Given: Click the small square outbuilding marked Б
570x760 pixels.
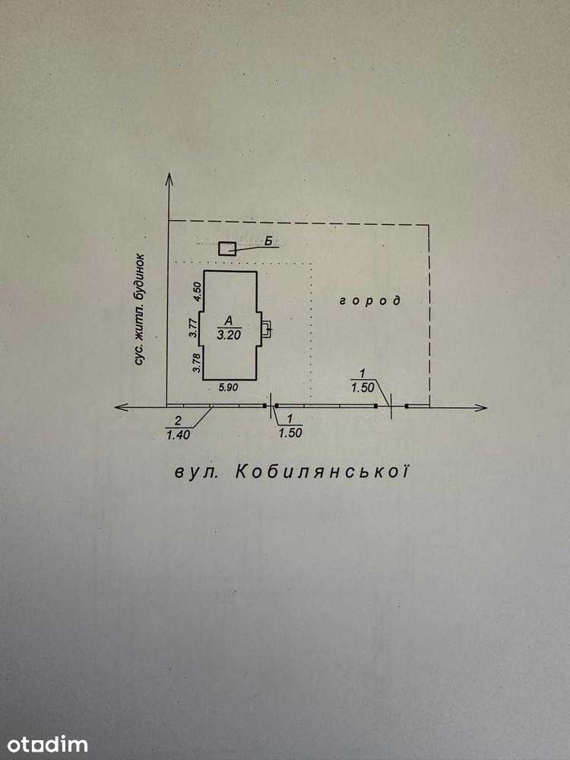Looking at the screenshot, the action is tap(226, 249).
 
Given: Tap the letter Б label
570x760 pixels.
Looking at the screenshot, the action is tap(268, 240).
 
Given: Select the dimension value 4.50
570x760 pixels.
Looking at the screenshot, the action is tap(197, 293).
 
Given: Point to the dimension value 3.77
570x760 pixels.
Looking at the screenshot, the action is tap(193, 328).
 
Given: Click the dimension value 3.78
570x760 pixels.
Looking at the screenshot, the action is tap(197, 363).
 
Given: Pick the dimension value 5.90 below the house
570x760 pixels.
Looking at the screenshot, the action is tap(228, 388).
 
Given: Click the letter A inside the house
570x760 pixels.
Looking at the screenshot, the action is tap(229, 321).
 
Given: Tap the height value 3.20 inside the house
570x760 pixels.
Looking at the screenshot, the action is tap(229, 334).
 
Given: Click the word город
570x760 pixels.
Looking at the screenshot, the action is tap(370, 301).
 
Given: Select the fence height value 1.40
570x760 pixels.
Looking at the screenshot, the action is tap(179, 435).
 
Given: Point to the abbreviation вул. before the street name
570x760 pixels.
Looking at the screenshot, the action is tap(196, 473).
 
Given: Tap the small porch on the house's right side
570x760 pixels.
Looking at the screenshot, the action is tap(267, 329).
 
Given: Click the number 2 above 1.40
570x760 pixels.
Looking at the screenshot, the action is tap(179, 420).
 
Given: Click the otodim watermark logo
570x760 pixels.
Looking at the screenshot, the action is tap(47, 745).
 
